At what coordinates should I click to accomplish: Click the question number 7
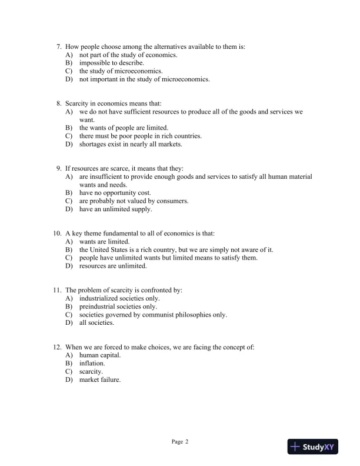pyautogui.click(x=59, y=46)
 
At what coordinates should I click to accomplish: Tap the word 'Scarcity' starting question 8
pyautogui.click(x=77, y=103)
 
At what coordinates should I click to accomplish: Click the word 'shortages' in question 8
pyautogui.click(x=92, y=144)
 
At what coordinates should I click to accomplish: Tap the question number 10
pyautogui.click(x=57, y=234)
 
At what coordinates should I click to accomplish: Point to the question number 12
pyautogui.click(x=57, y=347)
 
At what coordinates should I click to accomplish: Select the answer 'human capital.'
pyautogui.click(x=100, y=355)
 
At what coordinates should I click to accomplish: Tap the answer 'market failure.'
pyautogui.click(x=100, y=380)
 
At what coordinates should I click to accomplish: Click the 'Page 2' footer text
pyautogui.click(x=180, y=441)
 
